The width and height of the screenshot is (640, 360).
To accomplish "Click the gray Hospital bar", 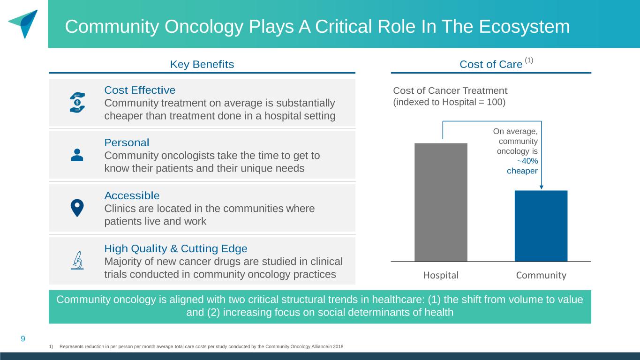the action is [441, 202].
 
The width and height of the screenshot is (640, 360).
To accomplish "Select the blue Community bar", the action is [541, 226].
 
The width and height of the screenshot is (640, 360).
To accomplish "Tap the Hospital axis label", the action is [441, 275].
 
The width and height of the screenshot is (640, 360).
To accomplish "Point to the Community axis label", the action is [541, 275].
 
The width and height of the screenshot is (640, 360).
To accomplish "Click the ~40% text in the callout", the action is [527, 161].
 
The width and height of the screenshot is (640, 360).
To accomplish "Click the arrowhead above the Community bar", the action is [541, 187].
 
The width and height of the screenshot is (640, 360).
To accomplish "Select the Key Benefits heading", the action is [202, 64].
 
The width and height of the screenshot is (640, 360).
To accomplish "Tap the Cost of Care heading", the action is [491, 64].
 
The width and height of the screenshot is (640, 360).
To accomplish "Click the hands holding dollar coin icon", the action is [77, 102].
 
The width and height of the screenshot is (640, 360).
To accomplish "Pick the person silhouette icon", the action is [77, 155].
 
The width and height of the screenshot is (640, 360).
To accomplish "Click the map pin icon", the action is [77, 208].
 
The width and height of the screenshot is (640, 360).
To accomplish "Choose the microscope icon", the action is [77, 261].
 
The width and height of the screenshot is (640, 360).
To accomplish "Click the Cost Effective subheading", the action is [140, 90].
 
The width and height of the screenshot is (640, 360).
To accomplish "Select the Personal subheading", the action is [127, 142].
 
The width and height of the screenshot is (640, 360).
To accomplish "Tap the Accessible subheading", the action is [132, 196].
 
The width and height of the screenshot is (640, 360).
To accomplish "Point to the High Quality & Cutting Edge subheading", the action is [176, 248].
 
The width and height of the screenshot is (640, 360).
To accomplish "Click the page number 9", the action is [23, 339].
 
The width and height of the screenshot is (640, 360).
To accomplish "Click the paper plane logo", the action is [24, 23].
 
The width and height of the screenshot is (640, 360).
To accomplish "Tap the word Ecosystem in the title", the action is [524, 27].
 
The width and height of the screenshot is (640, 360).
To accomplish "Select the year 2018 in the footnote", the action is [338, 346].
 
